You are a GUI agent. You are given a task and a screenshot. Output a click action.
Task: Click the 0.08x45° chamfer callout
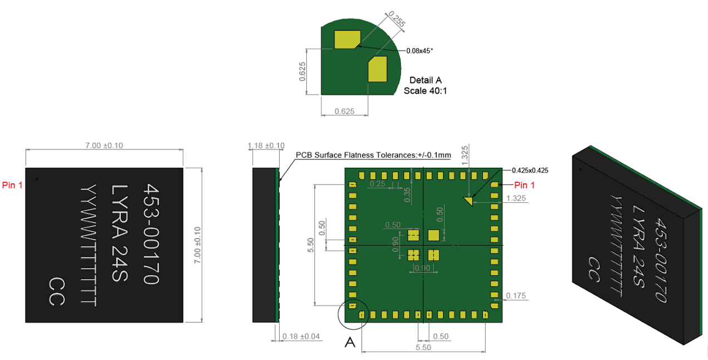click(419, 51)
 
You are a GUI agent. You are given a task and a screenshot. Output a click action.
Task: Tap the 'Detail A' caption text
click(425, 80)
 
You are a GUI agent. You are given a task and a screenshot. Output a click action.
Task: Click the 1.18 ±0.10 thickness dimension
click(266, 145)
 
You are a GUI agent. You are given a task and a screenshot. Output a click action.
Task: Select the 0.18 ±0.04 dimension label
click(301, 337)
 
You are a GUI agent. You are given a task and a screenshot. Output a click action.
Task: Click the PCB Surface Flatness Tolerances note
click(373, 155)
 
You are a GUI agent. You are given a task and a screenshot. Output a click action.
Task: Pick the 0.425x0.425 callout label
click(526, 171)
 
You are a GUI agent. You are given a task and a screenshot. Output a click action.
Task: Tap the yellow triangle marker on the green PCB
click(469, 201)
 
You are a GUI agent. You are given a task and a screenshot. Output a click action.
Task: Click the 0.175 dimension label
click(515, 296)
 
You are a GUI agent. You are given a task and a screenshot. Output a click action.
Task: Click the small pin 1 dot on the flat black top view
click(37, 179)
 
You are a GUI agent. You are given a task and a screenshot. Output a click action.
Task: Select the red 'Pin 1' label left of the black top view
click(12, 185)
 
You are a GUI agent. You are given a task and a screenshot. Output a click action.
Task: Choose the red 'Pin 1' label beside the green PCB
click(524, 185)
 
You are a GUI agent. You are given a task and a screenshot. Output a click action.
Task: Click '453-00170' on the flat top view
click(152, 233)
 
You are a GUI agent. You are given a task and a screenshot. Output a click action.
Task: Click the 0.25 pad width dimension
click(377, 184)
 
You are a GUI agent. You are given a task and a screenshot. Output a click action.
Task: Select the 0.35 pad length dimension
click(407, 194)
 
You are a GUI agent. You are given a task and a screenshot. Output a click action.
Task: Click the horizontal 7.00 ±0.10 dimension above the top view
click(104, 145)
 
